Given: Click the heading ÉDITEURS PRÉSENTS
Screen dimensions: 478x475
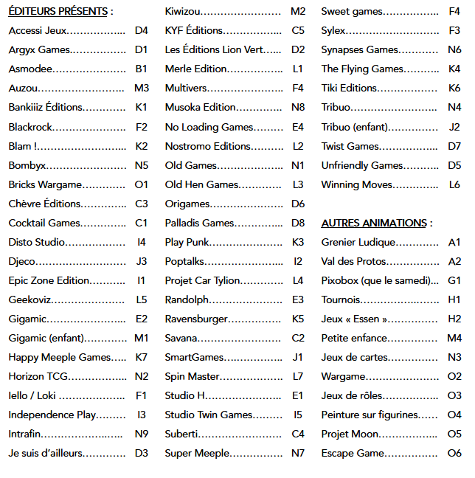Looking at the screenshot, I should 58,12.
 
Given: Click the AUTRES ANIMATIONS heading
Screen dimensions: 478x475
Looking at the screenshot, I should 374,223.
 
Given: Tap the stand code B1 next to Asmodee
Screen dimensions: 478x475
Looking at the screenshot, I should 141,69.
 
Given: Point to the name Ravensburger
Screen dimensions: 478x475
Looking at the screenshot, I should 196,319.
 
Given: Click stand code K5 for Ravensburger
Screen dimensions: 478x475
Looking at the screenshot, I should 297,319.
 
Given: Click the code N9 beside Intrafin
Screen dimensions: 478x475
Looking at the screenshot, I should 141,434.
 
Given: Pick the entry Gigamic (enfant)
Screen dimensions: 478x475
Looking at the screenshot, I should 46,338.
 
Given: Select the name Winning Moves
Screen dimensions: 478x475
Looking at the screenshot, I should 357,184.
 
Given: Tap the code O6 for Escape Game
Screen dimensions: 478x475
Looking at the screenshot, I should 454,453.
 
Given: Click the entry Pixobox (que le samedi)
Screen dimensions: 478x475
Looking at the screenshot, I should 375,280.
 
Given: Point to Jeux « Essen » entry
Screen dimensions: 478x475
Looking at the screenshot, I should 355,319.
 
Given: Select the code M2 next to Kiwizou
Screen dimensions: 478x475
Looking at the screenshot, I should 297,12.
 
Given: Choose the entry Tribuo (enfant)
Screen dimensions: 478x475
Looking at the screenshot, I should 355,127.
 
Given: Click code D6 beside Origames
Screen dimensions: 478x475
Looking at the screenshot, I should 297,204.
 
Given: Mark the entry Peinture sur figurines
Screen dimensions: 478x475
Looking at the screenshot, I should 370,415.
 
